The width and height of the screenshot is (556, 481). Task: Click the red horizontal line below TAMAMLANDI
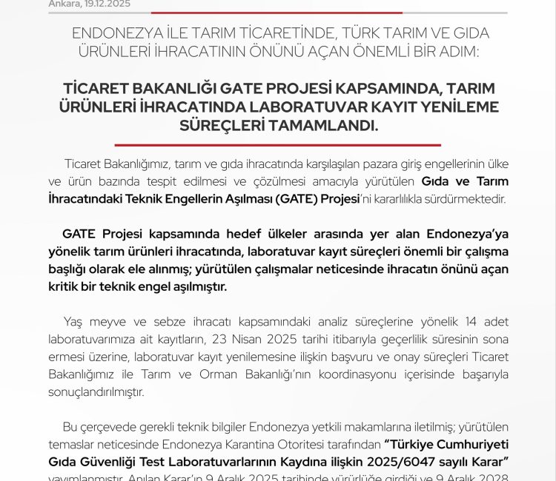(278, 145)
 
